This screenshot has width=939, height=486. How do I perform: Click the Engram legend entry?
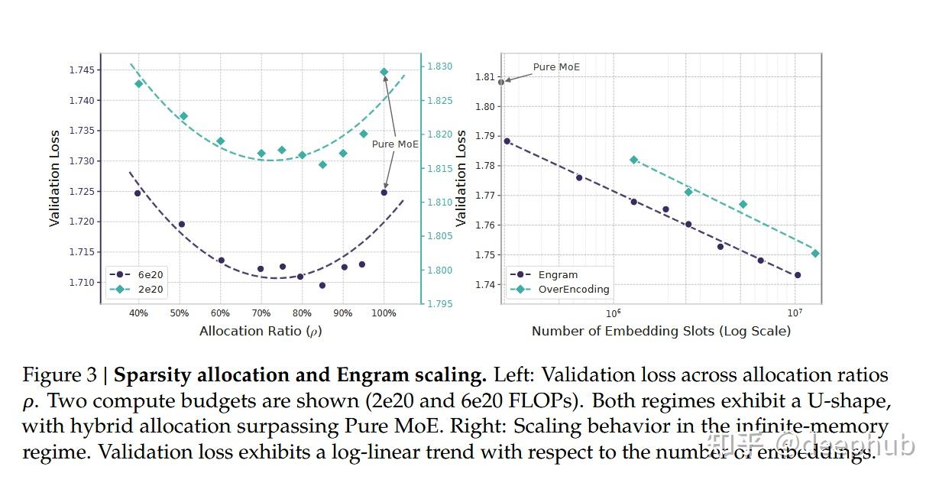coord(558,274)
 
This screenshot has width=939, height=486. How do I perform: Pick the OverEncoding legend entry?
coord(573,290)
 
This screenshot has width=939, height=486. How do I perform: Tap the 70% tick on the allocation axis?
coord(261,313)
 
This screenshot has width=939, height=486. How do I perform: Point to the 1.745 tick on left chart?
coord(81,70)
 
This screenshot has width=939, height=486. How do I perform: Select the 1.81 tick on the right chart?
coord(486,76)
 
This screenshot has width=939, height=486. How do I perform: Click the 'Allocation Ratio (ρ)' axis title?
coord(261,331)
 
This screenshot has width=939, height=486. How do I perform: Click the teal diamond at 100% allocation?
coord(384,72)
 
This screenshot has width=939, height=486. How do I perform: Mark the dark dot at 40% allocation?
coord(138,193)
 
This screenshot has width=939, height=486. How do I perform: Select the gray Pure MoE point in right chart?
coord(501,82)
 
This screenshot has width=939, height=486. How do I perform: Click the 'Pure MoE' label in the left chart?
coord(395,144)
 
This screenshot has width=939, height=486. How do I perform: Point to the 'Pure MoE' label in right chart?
coord(556,67)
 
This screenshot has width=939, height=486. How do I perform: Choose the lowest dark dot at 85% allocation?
coord(322,285)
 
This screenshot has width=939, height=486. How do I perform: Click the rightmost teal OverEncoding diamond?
coord(815,253)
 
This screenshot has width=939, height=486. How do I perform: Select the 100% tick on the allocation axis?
coord(384,313)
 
